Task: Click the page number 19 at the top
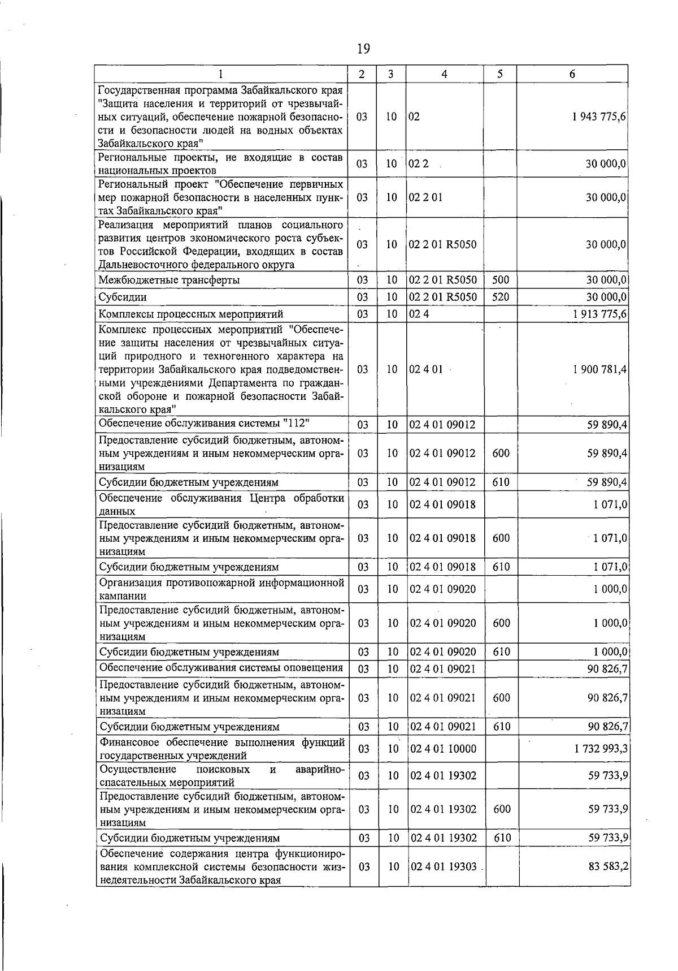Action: click(x=363, y=49)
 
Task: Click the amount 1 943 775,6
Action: click(x=599, y=116)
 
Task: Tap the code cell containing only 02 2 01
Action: click(x=426, y=197)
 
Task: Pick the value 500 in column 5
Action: click(x=501, y=280)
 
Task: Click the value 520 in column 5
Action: click(x=501, y=297)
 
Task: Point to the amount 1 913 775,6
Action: click(x=599, y=314)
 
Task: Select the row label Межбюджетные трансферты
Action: click(x=169, y=280)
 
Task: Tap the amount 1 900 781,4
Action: click(x=599, y=369)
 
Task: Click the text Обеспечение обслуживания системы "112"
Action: click(x=204, y=424)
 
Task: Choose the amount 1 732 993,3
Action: click(x=601, y=749)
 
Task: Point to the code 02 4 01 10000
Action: click(x=444, y=749)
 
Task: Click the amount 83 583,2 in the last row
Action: click(x=609, y=866)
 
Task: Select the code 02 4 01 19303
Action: click(x=444, y=866)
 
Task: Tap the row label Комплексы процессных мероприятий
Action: click(x=191, y=314)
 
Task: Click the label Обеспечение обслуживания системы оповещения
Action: click(x=221, y=667)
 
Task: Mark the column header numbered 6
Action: click(x=572, y=74)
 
